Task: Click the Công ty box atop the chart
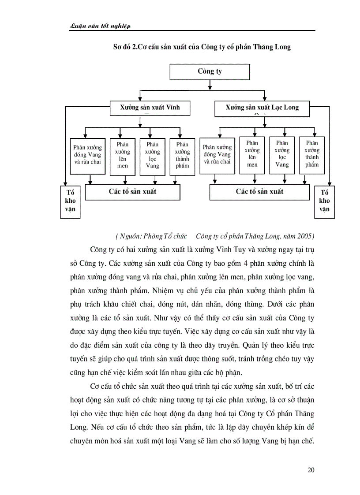pyautogui.click(x=210, y=71)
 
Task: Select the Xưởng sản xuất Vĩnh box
pyautogui.click(x=150, y=108)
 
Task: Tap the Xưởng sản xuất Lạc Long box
pyautogui.click(x=262, y=108)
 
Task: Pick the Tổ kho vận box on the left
pyautogui.click(x=70, y=201)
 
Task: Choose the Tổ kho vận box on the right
pyautogui.click(x=324, y=201)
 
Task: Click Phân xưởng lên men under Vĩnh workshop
pyautogui.click(x=123, y=155)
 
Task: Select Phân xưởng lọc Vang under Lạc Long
pyautogui.click(x=282, y=154)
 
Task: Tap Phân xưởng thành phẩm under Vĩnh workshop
pyautogui.click(x=182, y=155)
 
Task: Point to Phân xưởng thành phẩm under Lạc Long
pyautogui.click(x=312, y=154)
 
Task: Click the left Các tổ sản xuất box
pyautogui.click(x=132, y=192)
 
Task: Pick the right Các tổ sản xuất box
pyautogui.click(x=259, y=192)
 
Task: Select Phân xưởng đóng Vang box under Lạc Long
pyautogui.click(x=217, y=155)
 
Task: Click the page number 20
pyautogui.click(x=311, y=470)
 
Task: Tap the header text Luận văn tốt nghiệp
pyautogui.click(x=101, y=26)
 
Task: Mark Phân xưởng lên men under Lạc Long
pyautogui.click(x=252, y=154)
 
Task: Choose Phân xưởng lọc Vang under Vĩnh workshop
pyautogui.click(x=153, y=155)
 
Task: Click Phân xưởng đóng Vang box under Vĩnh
pyautogui.click(x=87, y=155)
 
